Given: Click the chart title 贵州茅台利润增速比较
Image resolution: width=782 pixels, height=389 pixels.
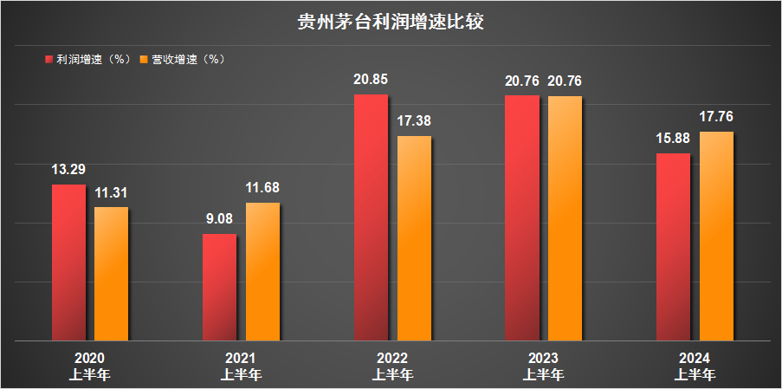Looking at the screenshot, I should click(391, 21).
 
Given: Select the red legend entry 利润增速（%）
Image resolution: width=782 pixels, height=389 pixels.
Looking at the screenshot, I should click(87, 60).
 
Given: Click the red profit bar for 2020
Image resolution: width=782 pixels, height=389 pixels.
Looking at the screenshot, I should click(68, 262).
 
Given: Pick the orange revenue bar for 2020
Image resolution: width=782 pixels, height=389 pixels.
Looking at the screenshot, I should click(111, 273).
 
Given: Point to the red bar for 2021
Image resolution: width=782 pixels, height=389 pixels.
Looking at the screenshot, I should click(219, 287).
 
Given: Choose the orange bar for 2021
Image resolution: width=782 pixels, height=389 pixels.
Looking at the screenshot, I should click(262, 271).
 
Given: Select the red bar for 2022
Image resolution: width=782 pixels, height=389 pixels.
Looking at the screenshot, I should click(371, 217).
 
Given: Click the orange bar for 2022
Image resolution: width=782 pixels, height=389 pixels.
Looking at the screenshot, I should click(413, 237).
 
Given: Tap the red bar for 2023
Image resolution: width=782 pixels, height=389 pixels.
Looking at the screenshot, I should click(521, 217).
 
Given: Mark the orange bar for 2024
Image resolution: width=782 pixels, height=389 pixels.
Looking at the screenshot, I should click(716, 236).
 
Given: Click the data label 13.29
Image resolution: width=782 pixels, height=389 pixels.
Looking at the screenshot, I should click(68, 170).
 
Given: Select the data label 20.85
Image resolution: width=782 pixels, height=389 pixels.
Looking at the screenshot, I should click(371, 80).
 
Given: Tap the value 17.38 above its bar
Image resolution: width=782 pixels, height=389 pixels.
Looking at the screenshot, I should click(413, 121).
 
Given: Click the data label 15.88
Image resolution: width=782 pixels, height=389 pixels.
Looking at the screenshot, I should click(673, 139).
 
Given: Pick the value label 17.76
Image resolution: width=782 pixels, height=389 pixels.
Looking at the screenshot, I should click(716, 117).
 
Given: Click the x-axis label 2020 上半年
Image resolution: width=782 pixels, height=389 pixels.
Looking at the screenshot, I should click(89, 366).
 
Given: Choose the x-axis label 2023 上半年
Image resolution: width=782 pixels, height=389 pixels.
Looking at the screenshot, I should click(543, 366).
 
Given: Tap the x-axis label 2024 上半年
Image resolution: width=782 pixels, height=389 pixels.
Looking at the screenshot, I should click(695, 366).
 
